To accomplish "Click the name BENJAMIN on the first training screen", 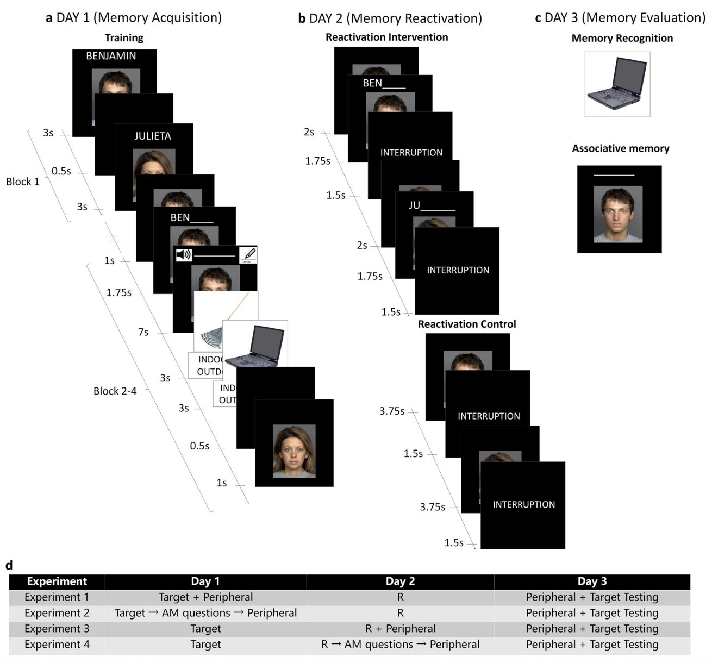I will click(x=111, y=56).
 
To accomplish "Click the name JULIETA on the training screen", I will click(x=153, y=136).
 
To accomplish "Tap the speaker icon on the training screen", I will click(x=184, y=254).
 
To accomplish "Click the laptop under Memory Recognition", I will click(x=617, y=84).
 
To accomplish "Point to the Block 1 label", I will click(x=23, y=182).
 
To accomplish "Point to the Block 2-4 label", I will click(x=115, y=391).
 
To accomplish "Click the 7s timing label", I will click(x=143, y=332).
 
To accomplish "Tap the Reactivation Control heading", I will click(x=467, y=324).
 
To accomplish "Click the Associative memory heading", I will click(x=620, y=148).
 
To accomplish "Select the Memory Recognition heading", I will click(x=622, y=38).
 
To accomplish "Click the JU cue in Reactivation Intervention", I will click(x=415, y=205).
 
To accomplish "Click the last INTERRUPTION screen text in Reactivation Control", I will click(x=523, y=504).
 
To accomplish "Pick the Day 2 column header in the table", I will click(x=400, y=581).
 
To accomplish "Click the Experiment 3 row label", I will click(x=57, y=629).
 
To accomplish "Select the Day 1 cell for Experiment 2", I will click(x=205, y=613).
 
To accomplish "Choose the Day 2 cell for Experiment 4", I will click(x=400, y=645).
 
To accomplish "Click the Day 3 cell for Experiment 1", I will click(x=592, y=597).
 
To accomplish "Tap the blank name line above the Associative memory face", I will click(x=614, y=176).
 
